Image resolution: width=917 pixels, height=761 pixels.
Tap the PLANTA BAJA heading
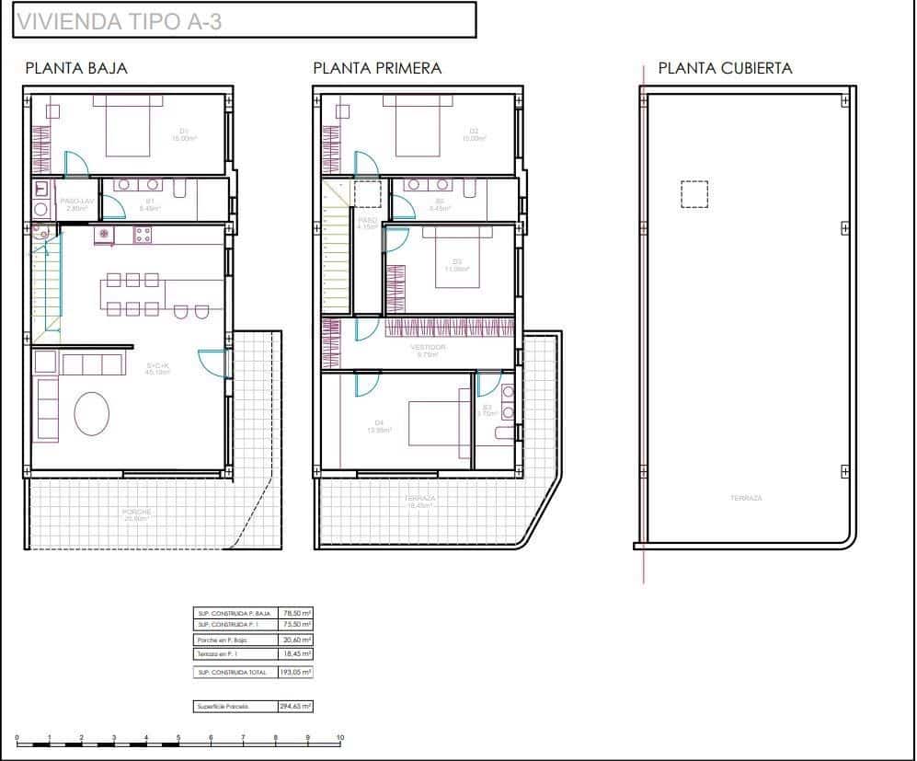coord(76,68)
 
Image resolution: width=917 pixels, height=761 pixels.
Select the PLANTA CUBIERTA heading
coord(725,68)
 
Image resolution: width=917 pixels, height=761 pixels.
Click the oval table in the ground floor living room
coord(92,413)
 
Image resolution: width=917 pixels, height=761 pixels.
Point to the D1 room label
coord(184,131)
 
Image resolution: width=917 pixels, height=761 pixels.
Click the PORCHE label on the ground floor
coord(136,512)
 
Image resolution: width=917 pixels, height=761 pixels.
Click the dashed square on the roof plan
coord(693,195)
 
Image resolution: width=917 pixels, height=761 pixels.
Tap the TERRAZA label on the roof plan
coord(746,498)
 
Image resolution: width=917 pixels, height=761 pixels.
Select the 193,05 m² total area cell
coord(295,673)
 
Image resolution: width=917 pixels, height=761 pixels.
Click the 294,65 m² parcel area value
coord(295,707)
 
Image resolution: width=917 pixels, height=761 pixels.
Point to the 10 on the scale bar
coord(339,737)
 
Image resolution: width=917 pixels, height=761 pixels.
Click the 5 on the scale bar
coord(178,737)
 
